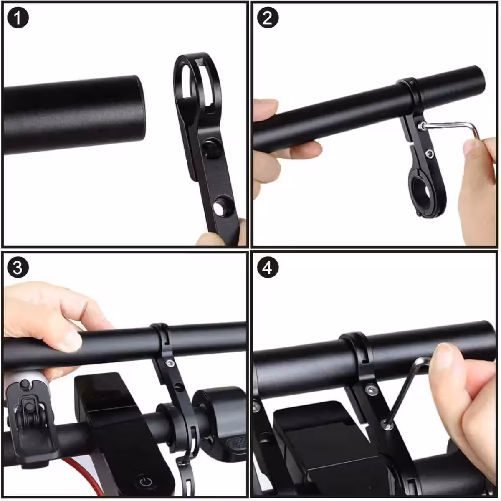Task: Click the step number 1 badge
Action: (18, 18)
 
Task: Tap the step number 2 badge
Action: (268, 18)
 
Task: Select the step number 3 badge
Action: (18, 268)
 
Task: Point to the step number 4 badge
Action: (268, 268)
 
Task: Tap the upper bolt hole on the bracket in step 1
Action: (210, 148)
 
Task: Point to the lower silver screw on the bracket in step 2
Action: (430, 154)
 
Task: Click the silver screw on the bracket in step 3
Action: (170, 363)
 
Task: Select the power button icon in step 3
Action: (146, 481)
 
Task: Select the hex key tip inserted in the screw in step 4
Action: (387, 426)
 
